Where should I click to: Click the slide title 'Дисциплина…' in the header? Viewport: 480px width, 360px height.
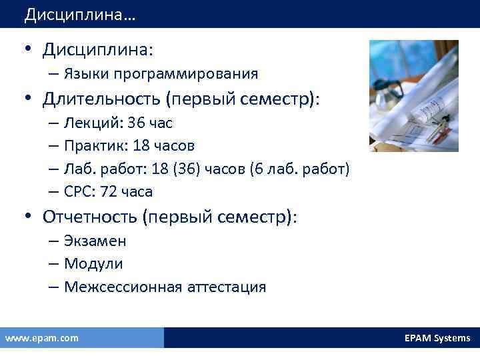pyautogui.click(x=79, y=15)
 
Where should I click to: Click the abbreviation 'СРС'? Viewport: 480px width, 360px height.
pyautogui.click(x=77, y=192)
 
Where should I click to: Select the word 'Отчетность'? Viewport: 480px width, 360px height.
pyautogui.click(x=92, y=217)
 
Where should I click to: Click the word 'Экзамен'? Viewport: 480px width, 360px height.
pyautogui.click(x=95, y=241)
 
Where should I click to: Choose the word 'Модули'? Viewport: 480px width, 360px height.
pyautogui.click(x=93, y=264)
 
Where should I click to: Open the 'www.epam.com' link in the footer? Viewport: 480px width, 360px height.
pyautogui.click(x=41, y=338)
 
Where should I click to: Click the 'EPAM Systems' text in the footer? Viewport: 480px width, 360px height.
pyautogui.click(x=437, y=338)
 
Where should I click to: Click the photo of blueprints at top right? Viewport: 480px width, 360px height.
pyautogui.click(x=413, y=95)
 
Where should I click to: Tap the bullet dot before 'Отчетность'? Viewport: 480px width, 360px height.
pyautogui.click(x=27, y=217)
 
